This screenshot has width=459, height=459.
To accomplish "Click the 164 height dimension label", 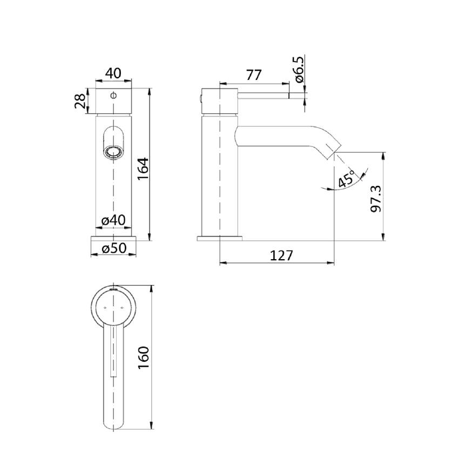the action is coord(144,168).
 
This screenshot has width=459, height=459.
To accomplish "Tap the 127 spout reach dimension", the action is coord(281,255).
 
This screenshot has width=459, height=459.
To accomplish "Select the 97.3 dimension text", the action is coord(376,199).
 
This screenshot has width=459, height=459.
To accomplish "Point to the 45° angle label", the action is coord(346,179).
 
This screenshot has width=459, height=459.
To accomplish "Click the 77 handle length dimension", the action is coord(253,75).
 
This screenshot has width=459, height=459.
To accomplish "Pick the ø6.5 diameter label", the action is coord(300,70).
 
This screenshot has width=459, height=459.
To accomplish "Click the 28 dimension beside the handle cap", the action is coord(80,100).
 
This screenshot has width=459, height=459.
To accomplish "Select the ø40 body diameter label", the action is coord(113,220).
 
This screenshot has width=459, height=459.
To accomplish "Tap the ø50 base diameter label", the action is coord(114,248).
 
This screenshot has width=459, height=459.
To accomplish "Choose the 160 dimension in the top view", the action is coord(144,357).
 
